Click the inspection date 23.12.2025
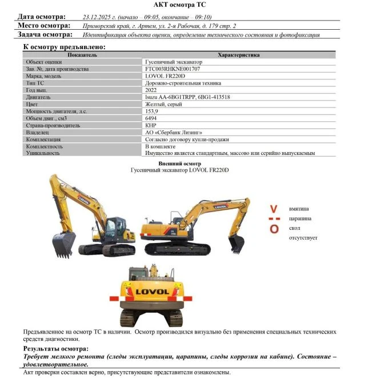99,18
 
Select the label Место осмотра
44,26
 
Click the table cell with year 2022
151,90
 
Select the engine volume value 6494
152,118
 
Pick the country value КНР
151,125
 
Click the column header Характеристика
239,55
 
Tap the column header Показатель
82,55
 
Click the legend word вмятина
299,209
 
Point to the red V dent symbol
274,209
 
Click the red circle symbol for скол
274,229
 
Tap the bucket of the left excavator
63,244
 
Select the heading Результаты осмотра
55,348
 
